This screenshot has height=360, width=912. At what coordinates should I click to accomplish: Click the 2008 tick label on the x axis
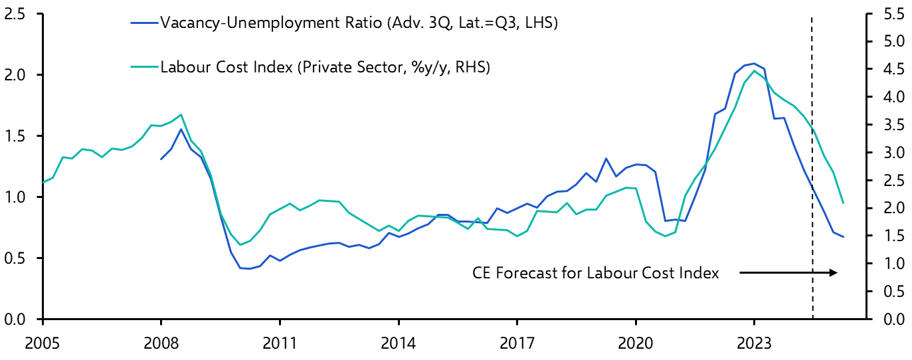click(161, 344)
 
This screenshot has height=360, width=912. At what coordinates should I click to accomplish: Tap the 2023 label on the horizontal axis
click(754, 344)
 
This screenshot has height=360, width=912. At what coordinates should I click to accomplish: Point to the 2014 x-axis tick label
click(398, 344)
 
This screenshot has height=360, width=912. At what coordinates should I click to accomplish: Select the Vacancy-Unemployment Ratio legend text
click(359, 24)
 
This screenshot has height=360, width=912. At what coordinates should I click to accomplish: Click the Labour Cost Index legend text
click(325, 67)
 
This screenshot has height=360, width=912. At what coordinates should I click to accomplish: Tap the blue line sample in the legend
click(145, 25)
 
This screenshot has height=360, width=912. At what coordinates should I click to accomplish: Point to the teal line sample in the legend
click(145, 68)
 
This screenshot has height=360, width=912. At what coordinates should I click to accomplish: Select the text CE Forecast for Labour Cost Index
click(595, 273)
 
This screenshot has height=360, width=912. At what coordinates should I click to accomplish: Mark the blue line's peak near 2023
click(753, 63)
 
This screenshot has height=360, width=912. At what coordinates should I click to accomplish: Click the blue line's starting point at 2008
click(161, 159)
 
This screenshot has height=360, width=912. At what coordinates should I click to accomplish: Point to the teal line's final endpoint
click(843, 203)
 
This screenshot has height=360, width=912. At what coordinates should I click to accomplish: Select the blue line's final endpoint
click(843, 236)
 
